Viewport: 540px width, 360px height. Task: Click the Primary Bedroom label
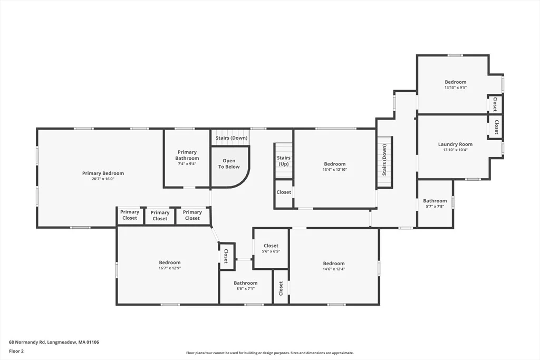(x=103, y=173)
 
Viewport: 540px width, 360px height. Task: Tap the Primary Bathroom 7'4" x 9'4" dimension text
(x=187, y=164)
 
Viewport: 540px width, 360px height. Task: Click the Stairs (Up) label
(x=284, y=161)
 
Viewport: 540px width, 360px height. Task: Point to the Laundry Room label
(x=455, y=144)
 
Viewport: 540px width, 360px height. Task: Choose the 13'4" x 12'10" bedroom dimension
(x=335, y=169)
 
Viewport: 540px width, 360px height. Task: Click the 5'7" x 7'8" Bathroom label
(x=435, y=201)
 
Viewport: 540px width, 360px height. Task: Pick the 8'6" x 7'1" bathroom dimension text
(x=246, y=288)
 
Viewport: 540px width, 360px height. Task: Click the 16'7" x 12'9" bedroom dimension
(x=170, y=268)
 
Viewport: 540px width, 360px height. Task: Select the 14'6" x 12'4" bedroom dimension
(x=334, y=269)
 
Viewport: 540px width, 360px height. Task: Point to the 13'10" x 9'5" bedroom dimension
(x=456, y=87)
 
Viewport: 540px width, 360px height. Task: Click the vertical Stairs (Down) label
(x=384, y=160)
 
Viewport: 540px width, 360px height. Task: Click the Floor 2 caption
(x=16, y=352)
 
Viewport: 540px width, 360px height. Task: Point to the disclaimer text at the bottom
(x=270, y=353)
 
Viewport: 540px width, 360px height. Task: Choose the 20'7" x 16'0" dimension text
(x=103, y=179)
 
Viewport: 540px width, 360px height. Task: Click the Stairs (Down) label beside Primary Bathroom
(x=232, y=138)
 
